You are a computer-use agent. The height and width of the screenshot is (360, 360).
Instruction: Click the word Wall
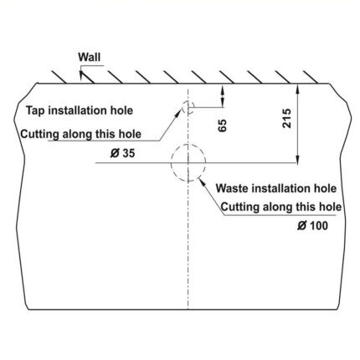90,57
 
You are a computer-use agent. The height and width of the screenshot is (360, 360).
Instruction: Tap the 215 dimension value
286,118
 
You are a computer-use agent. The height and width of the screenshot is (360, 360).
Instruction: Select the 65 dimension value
223,126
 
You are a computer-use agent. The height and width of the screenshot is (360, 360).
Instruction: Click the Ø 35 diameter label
122,153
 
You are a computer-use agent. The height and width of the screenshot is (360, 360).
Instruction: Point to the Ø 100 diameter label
312,225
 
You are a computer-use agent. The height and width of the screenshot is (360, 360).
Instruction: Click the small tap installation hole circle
183,107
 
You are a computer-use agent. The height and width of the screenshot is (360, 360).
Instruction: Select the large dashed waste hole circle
172,162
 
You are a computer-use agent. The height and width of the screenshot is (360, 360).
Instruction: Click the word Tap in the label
35,111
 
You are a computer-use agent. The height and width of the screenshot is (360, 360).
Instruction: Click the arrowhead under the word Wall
81,75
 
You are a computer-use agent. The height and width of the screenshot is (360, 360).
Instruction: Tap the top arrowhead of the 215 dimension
298,89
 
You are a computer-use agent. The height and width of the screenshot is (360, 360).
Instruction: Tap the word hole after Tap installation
121,111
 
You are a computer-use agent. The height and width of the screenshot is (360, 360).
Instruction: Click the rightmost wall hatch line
311,77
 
